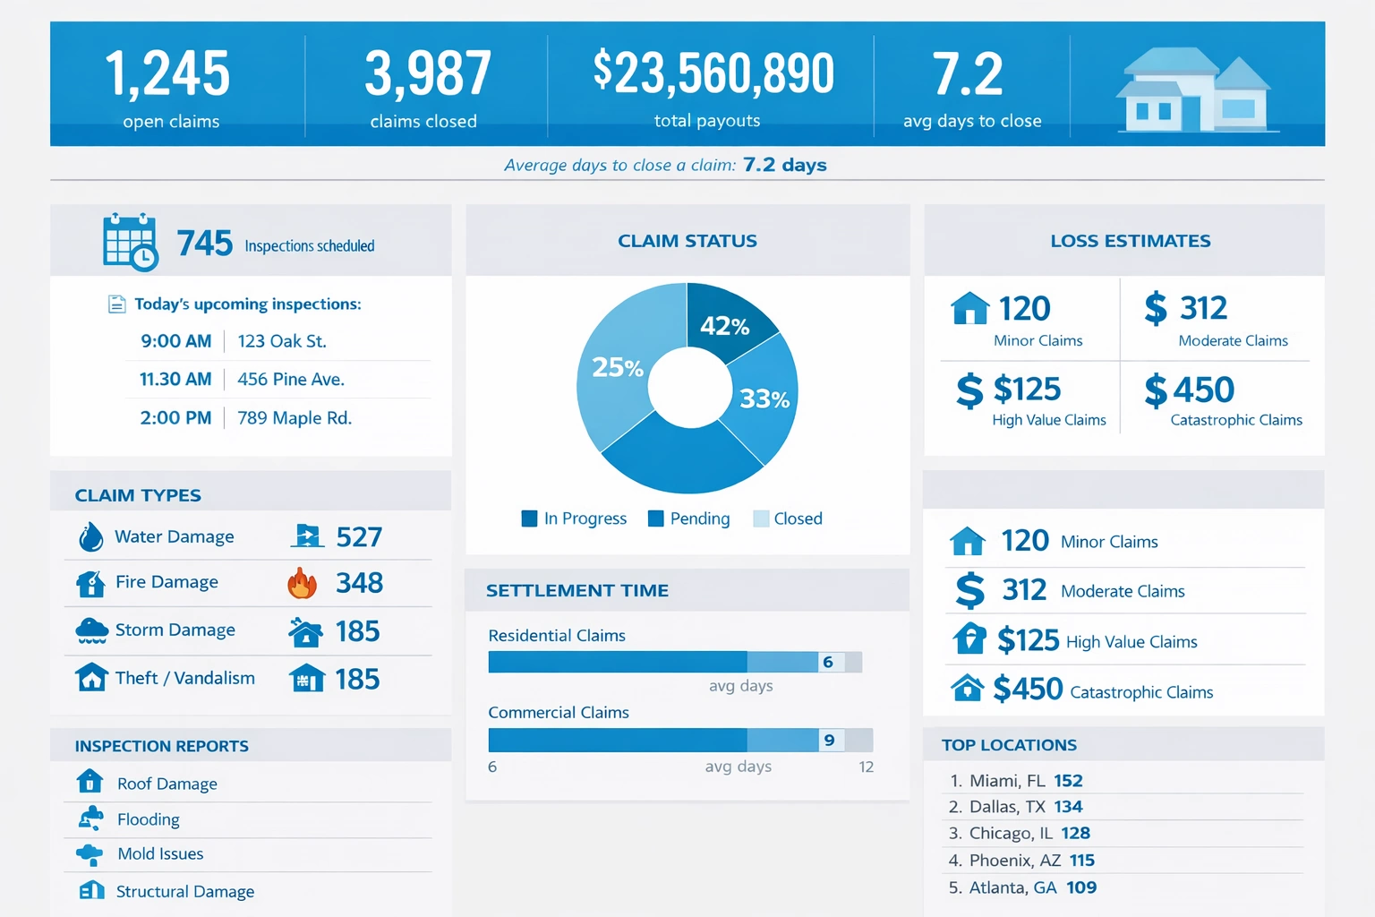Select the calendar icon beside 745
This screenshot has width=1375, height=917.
click(130, 242)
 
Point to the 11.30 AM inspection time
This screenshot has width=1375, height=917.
click(175, 380)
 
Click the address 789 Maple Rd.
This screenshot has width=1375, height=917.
click(295, 418)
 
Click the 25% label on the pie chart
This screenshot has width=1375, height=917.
click(618, 367)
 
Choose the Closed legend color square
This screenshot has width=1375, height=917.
click(761, 518)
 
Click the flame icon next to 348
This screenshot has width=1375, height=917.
click(303, 583)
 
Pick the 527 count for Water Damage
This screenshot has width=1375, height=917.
click(359, 537)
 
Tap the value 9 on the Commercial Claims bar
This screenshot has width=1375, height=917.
click(830, 740)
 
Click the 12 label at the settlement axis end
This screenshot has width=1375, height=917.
click(866, 767)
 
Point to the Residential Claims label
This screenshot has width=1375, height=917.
click(557, 636)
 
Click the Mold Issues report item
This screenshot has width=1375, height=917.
click(160, 854)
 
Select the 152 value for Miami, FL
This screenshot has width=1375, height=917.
click(1068, 781)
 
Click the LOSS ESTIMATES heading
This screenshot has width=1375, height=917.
click(1130, 241)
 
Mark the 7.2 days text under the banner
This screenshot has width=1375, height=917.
click(784, 165)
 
